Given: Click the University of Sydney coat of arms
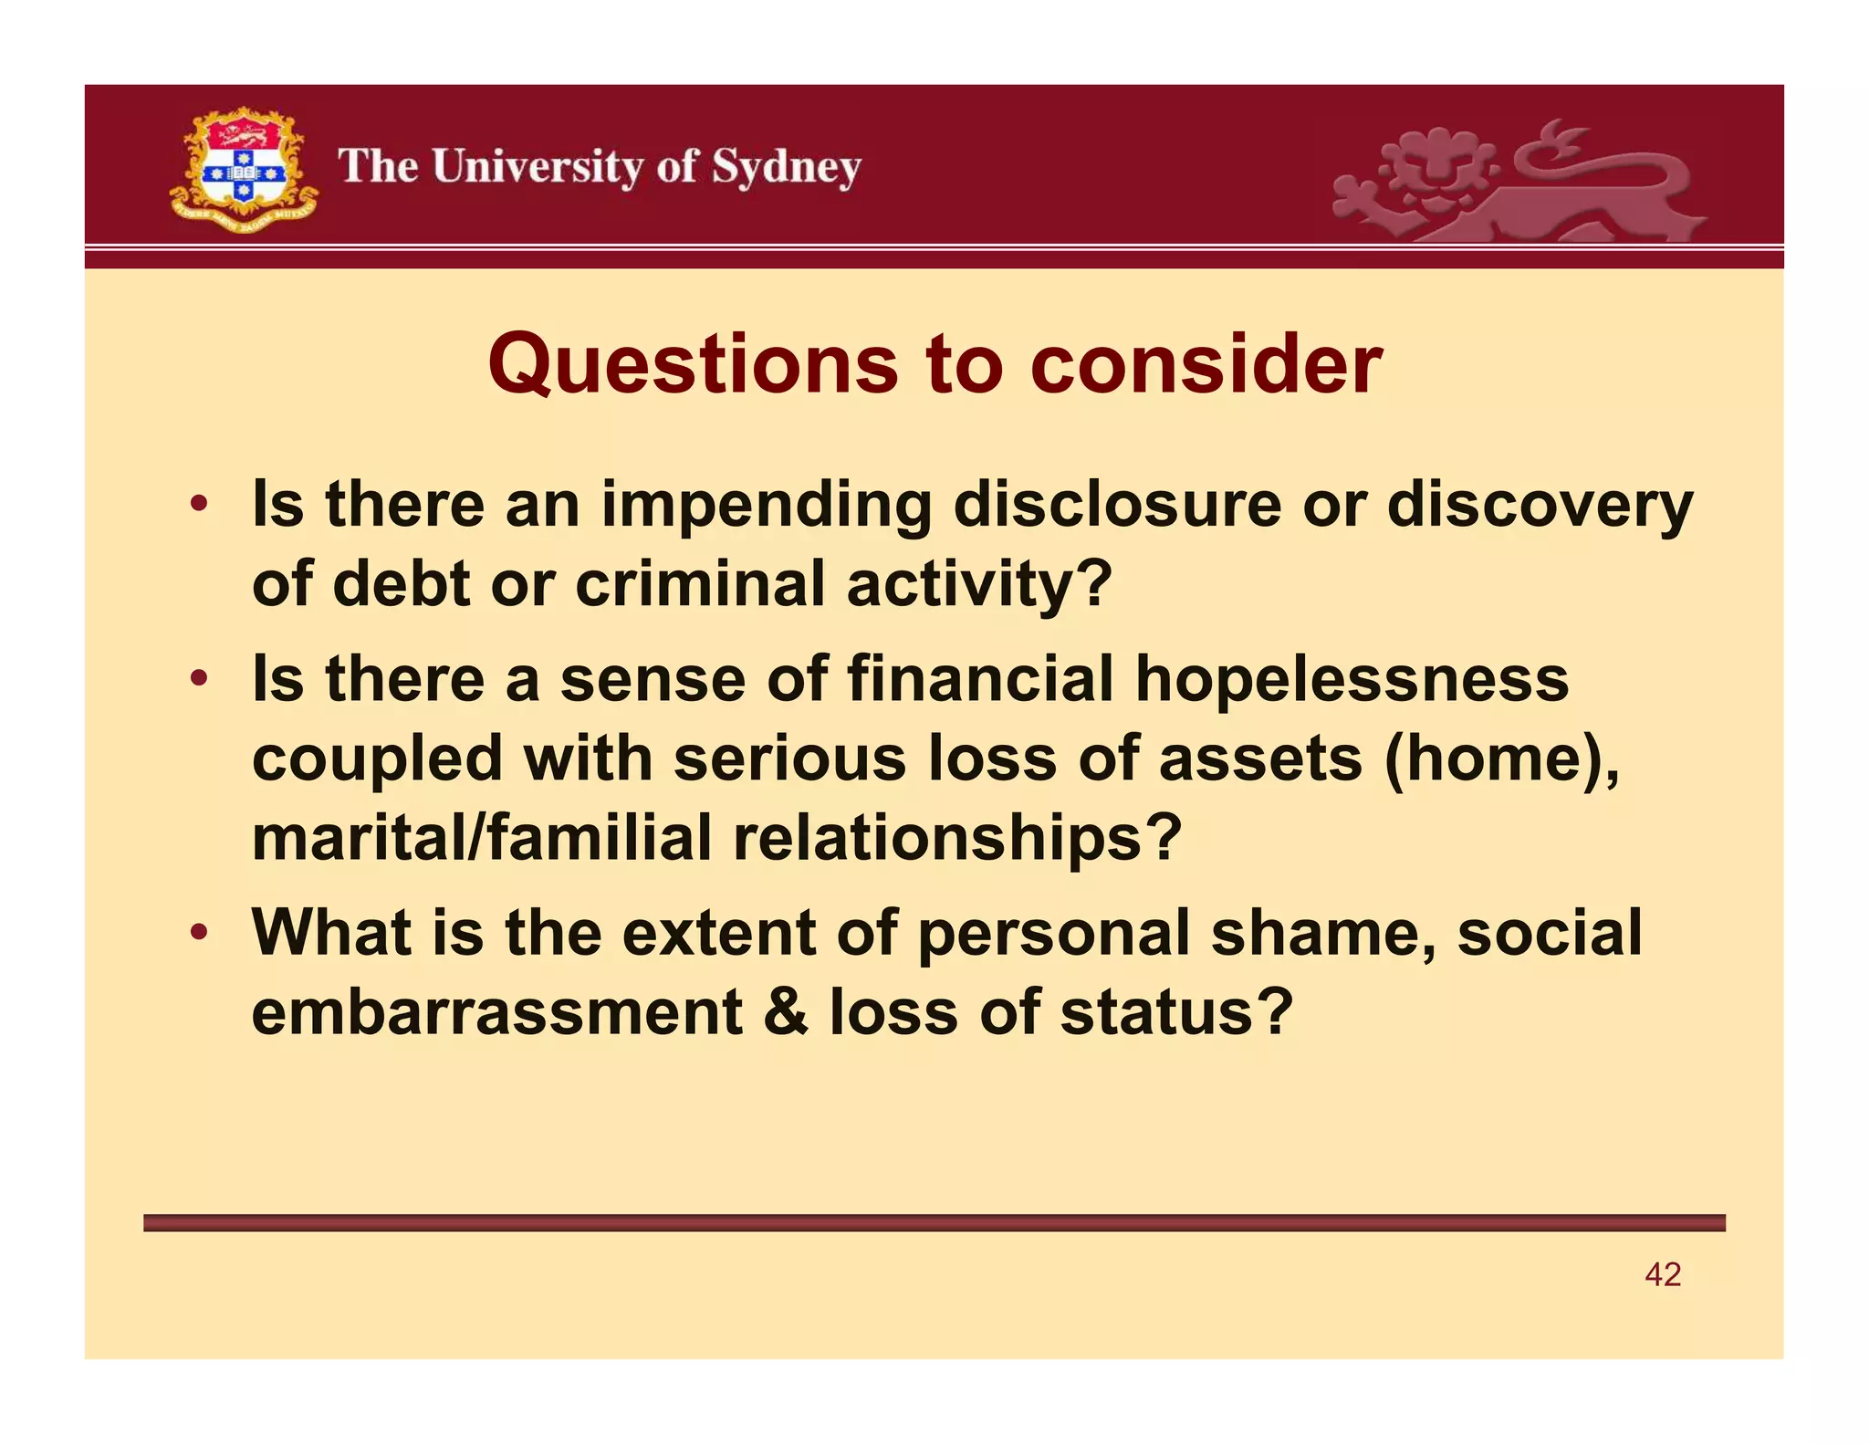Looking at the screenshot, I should (x=243, y=170).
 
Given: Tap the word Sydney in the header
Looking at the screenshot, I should (x=786, y=168).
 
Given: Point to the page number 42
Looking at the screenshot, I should (x=1663, y=1274).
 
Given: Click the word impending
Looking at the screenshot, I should (x=767, y=506).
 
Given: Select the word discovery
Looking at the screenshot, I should (x=1540, y=506).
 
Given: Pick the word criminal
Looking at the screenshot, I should (x=700, y=583).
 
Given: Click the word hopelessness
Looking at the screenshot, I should (x=1352, y=680).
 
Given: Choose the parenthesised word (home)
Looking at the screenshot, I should (x=1500, y=759).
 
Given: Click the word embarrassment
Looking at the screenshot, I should (x=496, y=1013).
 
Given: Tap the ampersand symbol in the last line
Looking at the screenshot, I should (x=786, y=1013).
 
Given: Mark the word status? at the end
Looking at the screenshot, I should (x=1176, y=1013).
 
